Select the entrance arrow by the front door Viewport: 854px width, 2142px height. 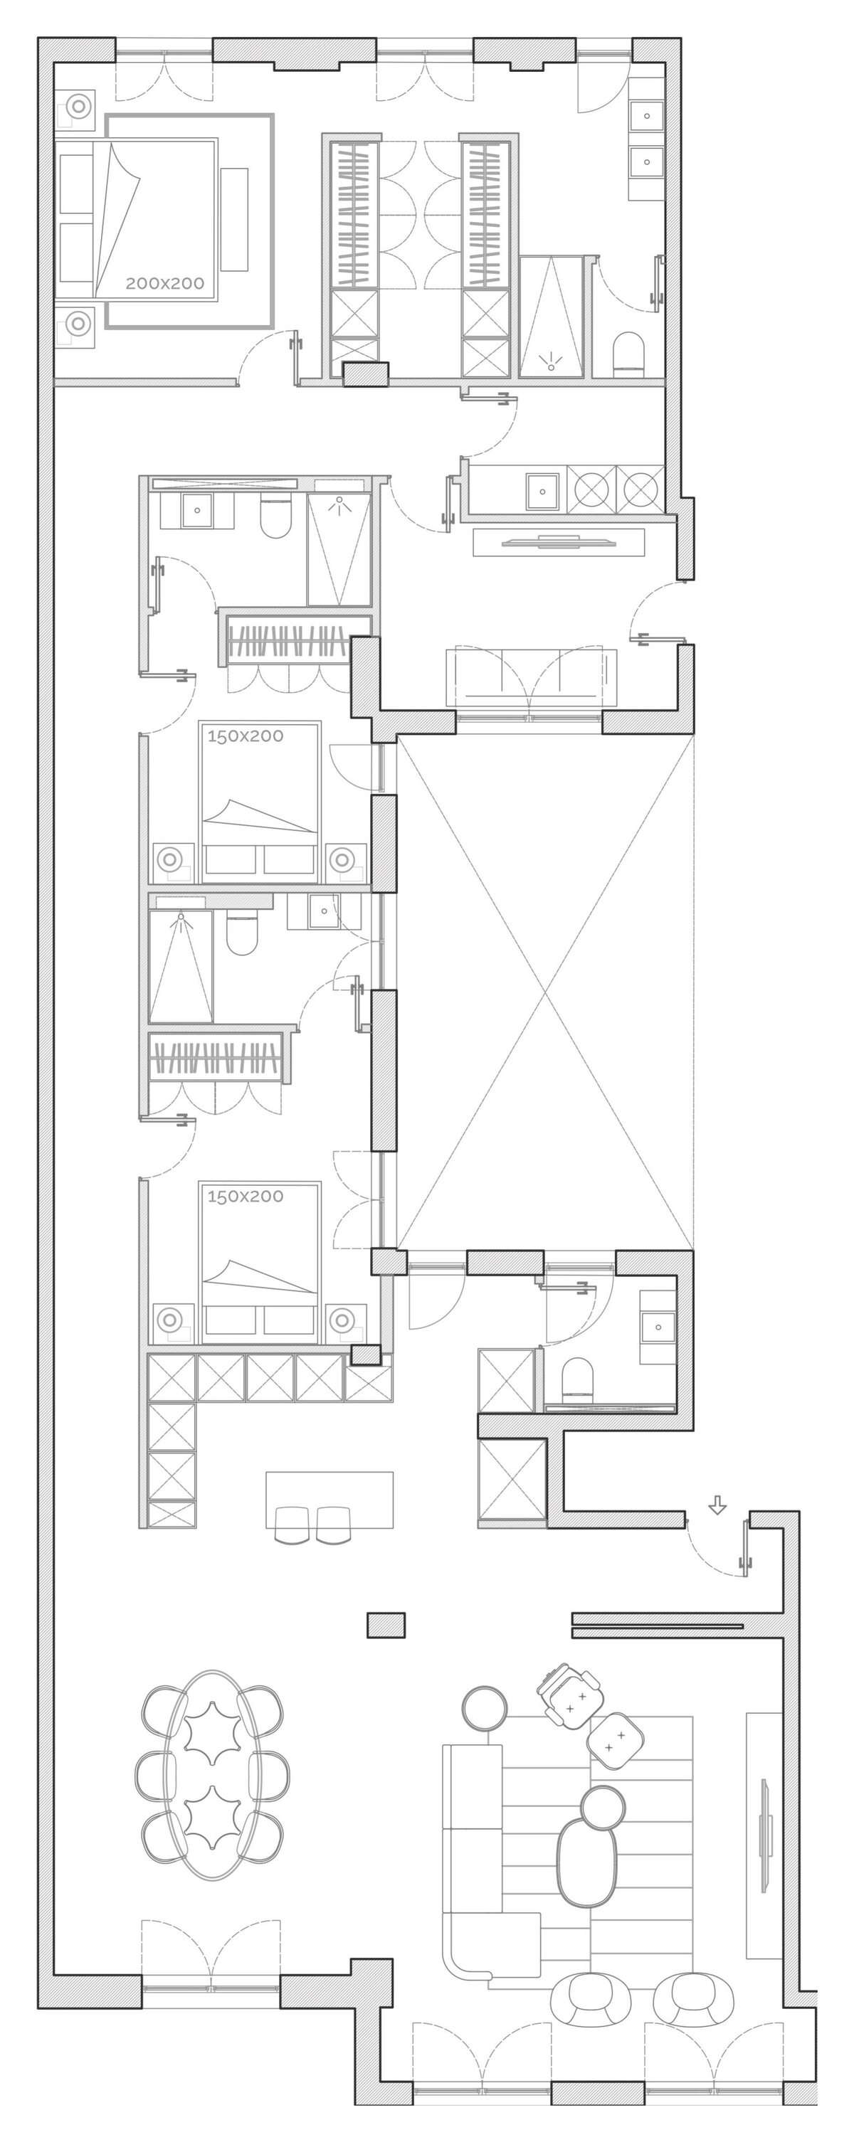tap(717, 1505)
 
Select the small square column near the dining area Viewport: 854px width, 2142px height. tap(386, 1625)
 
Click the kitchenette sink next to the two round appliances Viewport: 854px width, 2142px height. tap(543, 492)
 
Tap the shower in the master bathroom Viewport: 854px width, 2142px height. tap(551, 317)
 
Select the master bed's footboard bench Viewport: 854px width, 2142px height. tap(235, 218)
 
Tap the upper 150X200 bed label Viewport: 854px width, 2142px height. tap(246, 736)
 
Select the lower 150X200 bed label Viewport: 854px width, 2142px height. tap(246, 1197)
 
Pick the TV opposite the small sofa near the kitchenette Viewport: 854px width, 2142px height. tap(559, 543)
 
